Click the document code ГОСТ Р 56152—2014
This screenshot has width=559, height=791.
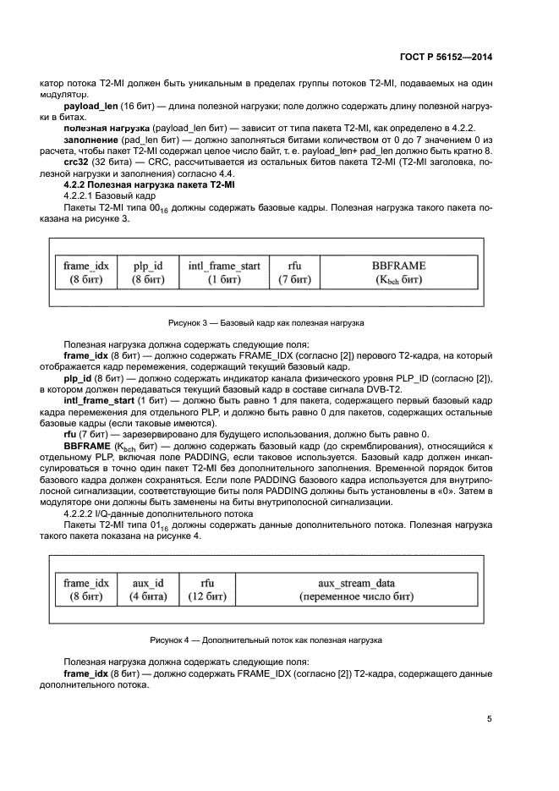pos(447,57)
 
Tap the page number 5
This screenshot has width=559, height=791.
pos(489,719)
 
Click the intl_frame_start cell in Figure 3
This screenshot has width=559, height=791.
pos(224,272)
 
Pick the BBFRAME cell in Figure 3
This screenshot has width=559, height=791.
pos(398,272)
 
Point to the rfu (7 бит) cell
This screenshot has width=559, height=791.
pos(295,272)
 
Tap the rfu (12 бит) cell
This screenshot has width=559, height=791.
pos(207,591)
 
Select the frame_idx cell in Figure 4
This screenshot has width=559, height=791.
pos(86,591)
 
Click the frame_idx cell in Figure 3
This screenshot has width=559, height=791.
pos(86,272)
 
